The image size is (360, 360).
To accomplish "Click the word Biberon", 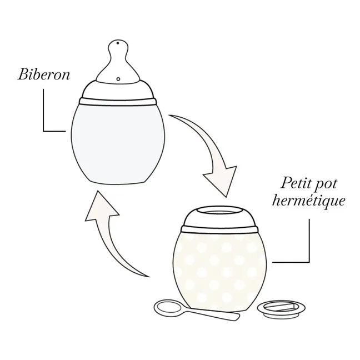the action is (44, 74).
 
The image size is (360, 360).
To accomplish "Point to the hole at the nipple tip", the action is (118, 43).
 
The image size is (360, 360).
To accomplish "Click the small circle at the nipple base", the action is (118, 79).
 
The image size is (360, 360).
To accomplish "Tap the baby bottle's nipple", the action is (118, 61).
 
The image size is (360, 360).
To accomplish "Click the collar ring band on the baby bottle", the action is (118, 102).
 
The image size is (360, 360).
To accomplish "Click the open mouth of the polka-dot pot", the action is (219, 211).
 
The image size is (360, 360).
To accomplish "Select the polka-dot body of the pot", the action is (219, 271).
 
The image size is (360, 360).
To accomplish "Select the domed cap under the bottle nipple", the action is (118, 90).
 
